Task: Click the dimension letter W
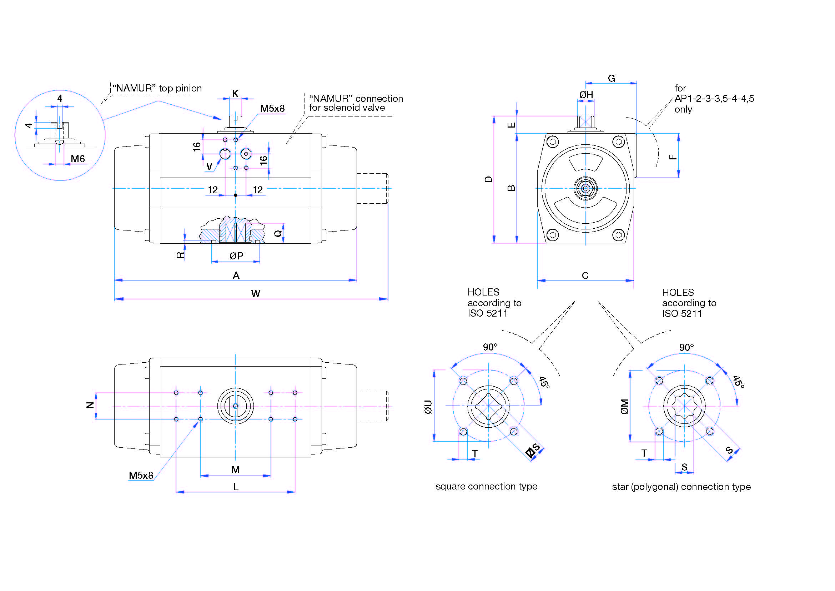pos(256,293)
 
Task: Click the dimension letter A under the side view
pos(236,275)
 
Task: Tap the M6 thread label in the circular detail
pos(77,159)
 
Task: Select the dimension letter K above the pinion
pos(235,94)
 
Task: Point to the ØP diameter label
pos(236,256)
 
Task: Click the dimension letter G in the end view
pos(611,78)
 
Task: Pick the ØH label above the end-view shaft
pos(586,95)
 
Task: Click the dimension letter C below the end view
pos(585,275)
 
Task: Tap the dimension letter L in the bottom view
pos(236,487)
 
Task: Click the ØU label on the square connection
pos(428,407)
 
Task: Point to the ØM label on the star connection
pos(624,407)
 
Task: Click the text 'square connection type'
pos(486,486)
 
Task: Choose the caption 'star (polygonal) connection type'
pos(681,487)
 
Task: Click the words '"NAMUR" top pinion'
pos(157,88)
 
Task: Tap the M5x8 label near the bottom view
pos(141,475)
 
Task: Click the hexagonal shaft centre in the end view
pos(585,188)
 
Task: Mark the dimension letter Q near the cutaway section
pos(278,233)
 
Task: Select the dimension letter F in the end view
pos(673,157)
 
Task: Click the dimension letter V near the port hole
pos(209,166)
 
